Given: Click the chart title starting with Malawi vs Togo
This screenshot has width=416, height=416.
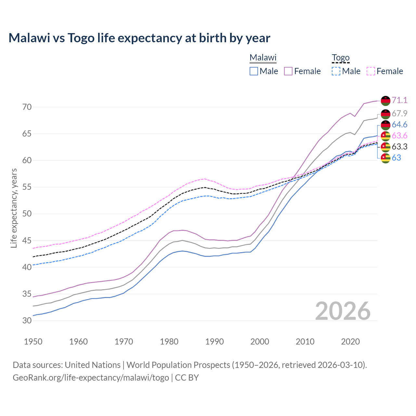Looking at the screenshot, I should [x=139, y=38].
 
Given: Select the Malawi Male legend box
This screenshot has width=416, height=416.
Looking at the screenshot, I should [x=254, y=71].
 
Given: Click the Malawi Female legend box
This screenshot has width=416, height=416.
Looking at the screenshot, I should [x=288, y=71].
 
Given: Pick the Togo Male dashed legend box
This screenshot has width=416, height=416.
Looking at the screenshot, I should [x=336, y=71].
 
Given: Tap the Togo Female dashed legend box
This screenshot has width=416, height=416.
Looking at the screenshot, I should [x=370, y=71].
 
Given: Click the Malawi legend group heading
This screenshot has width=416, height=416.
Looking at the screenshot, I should [x=263, y=58].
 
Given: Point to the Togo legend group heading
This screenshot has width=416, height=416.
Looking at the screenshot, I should [x=340, y=58].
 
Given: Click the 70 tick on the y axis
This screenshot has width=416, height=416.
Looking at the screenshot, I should [x=27, y=107].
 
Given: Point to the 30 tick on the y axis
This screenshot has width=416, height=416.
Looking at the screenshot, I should [x=27, y=320].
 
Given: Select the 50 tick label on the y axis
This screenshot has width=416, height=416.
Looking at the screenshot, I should [x=27, y=214].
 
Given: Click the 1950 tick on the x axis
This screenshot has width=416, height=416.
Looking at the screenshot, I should [x=33, y=342].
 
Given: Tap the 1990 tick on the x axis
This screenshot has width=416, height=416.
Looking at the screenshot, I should [x=214, y=342].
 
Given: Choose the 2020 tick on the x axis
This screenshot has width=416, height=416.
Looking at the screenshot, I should [x=350, y=342].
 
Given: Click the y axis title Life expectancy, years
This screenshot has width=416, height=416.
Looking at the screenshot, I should [x=14, y=208].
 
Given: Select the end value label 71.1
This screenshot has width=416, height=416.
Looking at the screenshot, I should [x=399, y=100].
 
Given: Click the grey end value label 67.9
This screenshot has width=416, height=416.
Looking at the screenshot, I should [x=399, y=113].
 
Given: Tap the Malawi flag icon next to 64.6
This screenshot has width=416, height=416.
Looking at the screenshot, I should [x=385, y=125].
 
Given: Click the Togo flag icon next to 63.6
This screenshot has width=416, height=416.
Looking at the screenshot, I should [x=385, y=136].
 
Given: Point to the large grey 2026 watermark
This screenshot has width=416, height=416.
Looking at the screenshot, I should [x=343, y=311].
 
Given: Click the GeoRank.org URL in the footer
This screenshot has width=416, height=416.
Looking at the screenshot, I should [x=91, y=378].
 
